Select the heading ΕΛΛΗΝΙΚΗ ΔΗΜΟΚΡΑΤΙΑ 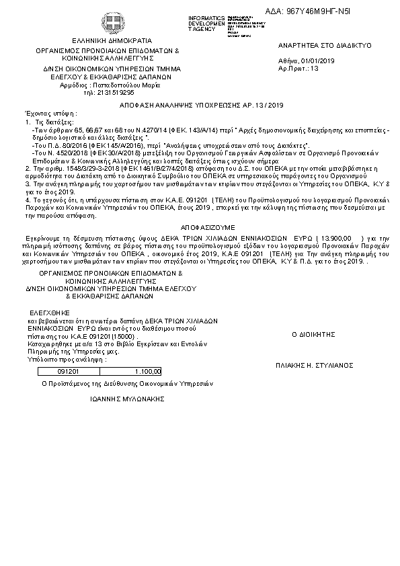click(108, 40)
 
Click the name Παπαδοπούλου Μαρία click(122, 85)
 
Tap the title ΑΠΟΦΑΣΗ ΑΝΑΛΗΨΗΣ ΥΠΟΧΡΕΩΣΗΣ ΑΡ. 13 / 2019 click(202, 106)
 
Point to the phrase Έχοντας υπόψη click(50, 114)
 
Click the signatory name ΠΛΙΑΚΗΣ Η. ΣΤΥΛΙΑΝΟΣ click(315, 365)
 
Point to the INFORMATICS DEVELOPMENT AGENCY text click(207, 23)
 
